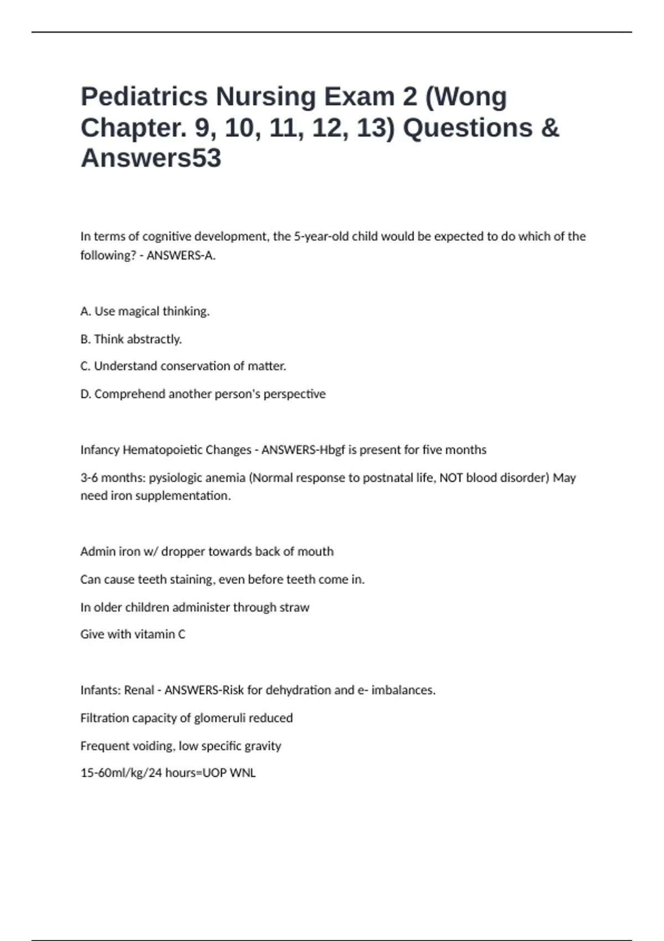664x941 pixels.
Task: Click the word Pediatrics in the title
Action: coord(143,97)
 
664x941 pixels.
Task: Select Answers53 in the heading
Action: coord(151,158)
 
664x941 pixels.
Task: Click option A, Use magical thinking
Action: coord(145,312)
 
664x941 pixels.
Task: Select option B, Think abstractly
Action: coord(131,339)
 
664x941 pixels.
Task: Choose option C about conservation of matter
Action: coord(183,366)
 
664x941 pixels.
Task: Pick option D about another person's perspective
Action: coord(203,394)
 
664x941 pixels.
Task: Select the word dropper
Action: coord(183,552)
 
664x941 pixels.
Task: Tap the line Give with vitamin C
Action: coord(133,634)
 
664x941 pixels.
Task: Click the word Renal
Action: coord(139,690)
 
